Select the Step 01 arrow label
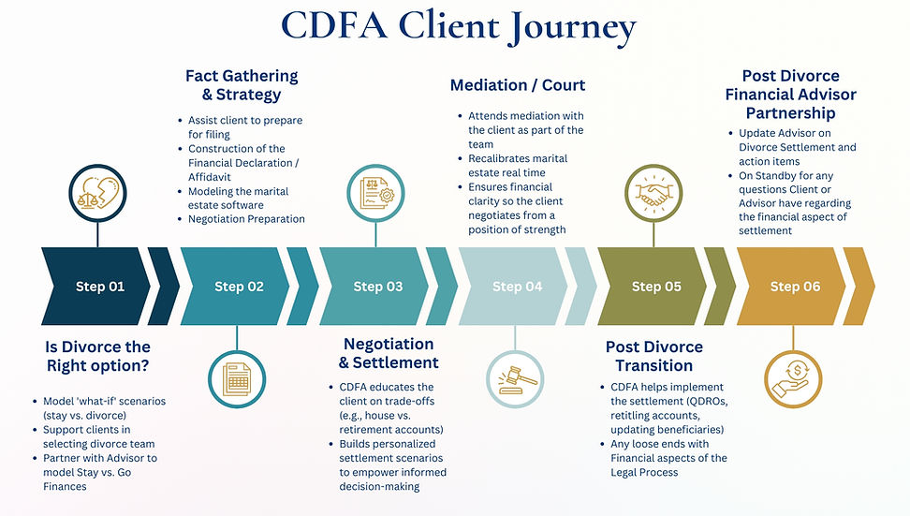[99, 287]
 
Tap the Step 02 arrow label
[239, 287]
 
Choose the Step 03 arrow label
[377, 287]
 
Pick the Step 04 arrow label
[517, 287]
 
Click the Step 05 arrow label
[656, 287]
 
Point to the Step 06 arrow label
[795, 287]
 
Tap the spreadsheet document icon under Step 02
[238, 377]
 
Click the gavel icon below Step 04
[516, 377]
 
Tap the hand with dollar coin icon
[795, 377]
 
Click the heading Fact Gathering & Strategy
[242, 85]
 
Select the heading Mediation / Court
[518, 85]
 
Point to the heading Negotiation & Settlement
[389, 353]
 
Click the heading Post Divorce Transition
[653, 356]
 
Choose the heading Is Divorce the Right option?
[99, 356]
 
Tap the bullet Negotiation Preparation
[246, 219]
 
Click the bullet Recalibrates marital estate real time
[518, 166]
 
